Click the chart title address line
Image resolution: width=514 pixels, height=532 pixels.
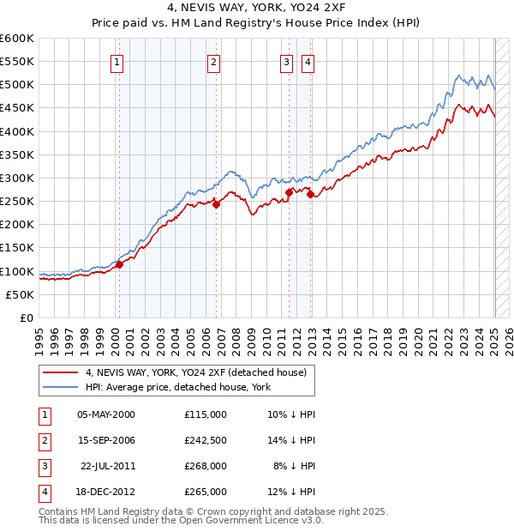[256, 9]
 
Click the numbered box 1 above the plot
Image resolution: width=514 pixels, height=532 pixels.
[116, 61]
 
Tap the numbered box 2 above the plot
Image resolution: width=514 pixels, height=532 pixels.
[212, 61]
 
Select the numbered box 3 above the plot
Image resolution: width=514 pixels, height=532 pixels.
[285, 61]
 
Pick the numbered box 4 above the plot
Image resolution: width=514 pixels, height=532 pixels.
[307, 61]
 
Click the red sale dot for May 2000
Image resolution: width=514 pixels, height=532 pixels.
[119, 264]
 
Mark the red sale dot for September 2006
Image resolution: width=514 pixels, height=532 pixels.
[217, 204]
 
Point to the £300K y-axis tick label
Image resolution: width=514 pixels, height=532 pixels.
[18, 178]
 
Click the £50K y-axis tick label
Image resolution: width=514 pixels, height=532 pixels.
[21, 294]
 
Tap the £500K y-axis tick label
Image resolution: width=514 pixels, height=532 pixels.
[18, 84]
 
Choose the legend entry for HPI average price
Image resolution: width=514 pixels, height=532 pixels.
[177, 388]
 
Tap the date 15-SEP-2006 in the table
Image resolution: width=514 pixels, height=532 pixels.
[106, 441]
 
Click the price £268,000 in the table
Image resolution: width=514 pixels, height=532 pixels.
[206, 467]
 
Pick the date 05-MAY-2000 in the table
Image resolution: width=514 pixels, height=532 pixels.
[106, 414]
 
